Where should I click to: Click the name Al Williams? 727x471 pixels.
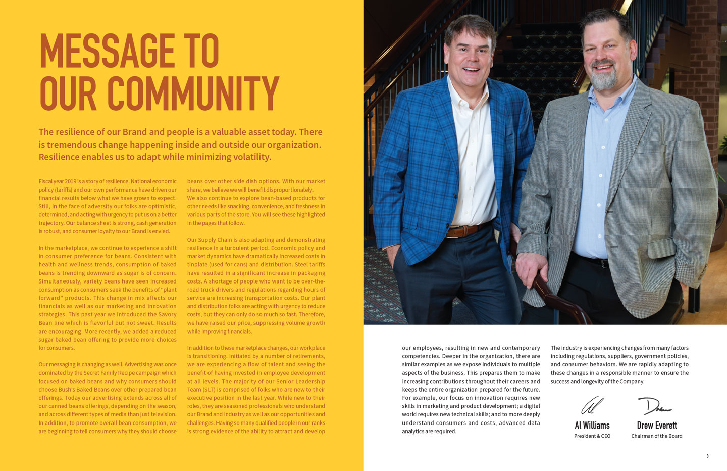pos(592,426)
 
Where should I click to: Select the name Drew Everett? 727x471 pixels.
pos(656,426)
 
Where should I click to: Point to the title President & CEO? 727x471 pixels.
pos(592,436)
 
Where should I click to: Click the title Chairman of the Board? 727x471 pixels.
pos(656,436)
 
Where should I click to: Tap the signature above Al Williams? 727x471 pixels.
pos(592,405)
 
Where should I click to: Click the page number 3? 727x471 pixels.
pos(707,456)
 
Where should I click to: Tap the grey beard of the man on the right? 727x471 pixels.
pos(604,78)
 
